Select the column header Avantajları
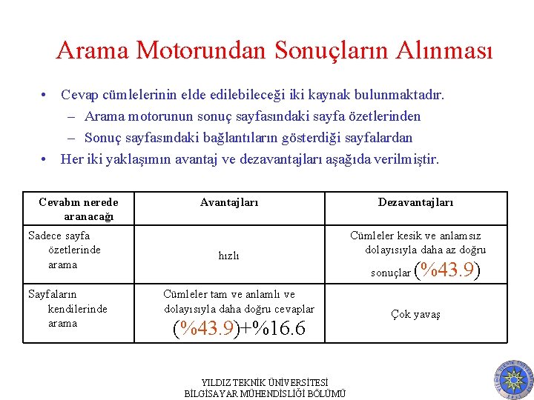point(229,202)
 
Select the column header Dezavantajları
point(415,202)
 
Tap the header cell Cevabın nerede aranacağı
point(78,208)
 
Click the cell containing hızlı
point(228,255)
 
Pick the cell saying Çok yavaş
point(415,314)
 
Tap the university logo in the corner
point(512,379)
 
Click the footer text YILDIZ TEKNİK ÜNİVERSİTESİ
point(265,383)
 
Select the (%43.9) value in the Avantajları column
point(205,328)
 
